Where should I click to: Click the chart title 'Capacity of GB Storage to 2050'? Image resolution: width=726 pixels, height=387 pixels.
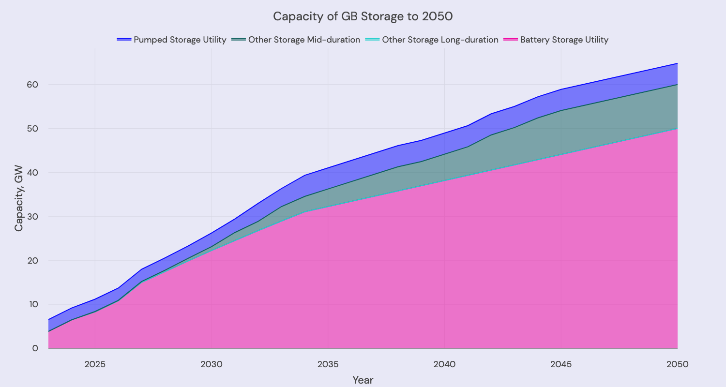point(363,16)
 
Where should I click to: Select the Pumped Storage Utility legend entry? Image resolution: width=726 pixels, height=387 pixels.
point(180,40)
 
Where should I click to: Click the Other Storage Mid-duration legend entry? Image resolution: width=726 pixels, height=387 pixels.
point(304,40)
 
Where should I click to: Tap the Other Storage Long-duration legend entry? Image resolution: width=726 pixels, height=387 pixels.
point(440,40)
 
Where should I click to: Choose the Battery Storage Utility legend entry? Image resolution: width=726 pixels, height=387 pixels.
point(564,40)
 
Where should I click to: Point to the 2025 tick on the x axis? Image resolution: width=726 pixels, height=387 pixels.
point(95,364)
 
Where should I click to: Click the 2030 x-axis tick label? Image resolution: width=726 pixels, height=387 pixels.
point(212,364)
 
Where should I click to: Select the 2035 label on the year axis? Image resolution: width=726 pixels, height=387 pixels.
point(328,364)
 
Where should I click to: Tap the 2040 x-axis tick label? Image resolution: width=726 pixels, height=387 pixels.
point(444,364)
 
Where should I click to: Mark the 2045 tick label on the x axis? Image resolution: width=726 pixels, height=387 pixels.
point(561,364)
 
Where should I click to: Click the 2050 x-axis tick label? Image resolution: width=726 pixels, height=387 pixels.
point(677,364)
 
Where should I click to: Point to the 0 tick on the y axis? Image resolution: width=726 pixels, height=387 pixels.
point(35,348)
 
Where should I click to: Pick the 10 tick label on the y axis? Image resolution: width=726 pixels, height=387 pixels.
point(32,304)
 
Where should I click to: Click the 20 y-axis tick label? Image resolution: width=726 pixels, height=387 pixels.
point(32,260)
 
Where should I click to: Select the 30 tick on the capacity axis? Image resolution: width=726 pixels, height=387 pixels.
point(32,216)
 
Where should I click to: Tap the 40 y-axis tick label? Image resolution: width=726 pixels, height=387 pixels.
point(32,172)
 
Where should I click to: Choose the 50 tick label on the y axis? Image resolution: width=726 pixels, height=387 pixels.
point(32,129)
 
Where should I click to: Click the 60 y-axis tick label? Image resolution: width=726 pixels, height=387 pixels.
point(32,85)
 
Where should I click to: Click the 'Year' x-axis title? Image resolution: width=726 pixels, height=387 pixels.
point(363,380)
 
